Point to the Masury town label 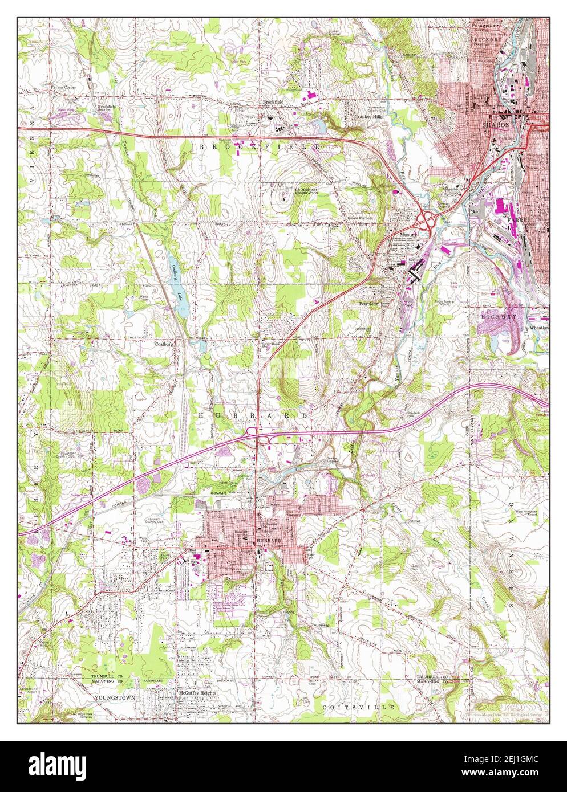[x=406, y=234]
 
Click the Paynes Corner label [x=63, y=88]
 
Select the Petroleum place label [x=370, y=304]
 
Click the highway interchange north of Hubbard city [x=258, y=438]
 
